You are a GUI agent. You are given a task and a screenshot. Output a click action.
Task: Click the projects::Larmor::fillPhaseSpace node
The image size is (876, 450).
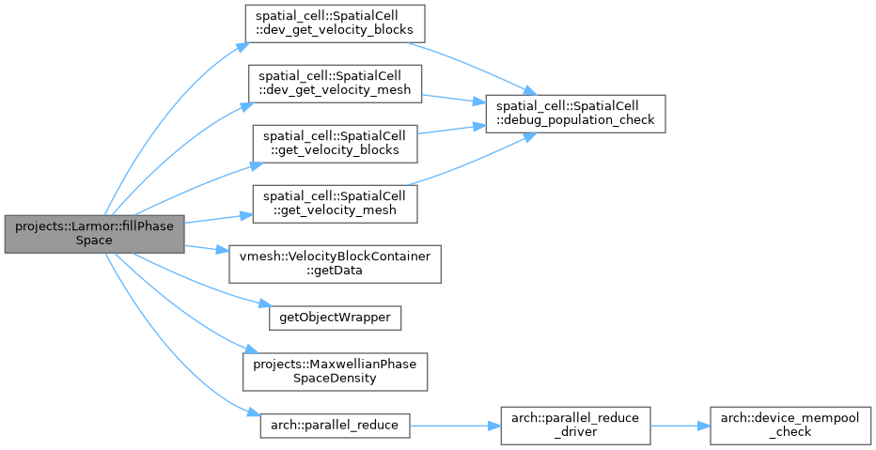[x=94, y=234]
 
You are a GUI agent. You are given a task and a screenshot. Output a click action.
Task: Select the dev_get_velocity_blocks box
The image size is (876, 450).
[x=335, y=23]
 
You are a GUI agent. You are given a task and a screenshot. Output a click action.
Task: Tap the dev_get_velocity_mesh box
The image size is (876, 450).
[x=335, y=84]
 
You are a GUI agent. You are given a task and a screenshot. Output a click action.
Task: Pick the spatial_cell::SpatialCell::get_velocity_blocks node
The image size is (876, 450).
[x=335, y=144]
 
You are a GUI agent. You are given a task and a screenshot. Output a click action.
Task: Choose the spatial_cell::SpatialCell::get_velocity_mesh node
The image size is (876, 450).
[x=335, y=205]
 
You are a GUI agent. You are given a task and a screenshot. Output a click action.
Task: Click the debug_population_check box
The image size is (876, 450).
[x=575, y=114]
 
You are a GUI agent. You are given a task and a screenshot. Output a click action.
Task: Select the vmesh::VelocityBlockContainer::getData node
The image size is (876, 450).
[x=335, y=264]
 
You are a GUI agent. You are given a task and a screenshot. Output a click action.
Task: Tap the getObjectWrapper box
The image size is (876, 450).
[x=335, y=318]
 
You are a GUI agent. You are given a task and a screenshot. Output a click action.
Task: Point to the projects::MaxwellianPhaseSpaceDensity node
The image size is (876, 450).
[x=335, y=372]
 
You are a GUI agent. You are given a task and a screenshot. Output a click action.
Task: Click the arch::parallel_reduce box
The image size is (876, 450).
[x=335, y=426]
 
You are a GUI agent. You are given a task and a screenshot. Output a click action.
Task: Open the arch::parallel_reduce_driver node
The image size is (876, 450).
[x=575, y=426]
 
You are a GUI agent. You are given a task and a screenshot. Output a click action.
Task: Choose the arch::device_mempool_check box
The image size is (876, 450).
[x=790, y=426]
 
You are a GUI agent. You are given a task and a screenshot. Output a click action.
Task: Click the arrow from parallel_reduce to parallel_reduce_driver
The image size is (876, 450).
[x=455, y=426]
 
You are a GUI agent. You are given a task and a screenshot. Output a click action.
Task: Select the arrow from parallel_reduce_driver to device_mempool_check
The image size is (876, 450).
[x=680, y=426]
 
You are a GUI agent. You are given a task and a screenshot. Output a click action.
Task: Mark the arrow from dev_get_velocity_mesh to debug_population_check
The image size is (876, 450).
[x=454, y=99]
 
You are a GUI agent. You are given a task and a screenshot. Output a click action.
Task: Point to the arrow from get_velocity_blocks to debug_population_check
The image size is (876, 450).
[x=451, y=130]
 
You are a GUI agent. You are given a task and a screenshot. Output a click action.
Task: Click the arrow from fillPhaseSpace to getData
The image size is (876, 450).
[x=207, y=248]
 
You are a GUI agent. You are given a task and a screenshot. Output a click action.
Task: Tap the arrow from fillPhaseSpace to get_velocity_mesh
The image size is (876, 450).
[x=218, y=218]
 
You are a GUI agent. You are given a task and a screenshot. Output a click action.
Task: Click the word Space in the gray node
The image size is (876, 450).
[x=94, y=241]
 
